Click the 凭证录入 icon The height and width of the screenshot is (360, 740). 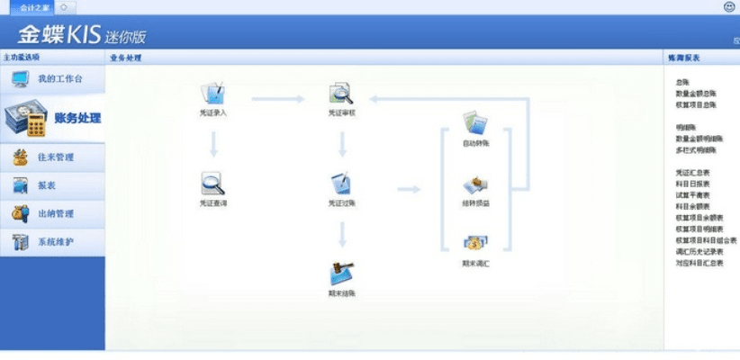click(x=212, y=94)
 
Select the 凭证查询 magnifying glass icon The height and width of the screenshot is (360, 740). click(x=212, y=184)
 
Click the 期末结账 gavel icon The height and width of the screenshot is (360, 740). click(x=341, y=273)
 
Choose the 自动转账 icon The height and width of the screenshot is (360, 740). click(x=475, y=124)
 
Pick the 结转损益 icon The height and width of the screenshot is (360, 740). click(x=475, y=185)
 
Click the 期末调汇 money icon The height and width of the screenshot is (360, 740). click(x=475, y=244)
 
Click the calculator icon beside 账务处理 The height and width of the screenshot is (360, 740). click(x=24, y=119)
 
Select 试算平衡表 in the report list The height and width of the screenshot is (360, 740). click(x=692, y=194)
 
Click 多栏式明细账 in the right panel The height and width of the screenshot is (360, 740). click(x=694, y=149)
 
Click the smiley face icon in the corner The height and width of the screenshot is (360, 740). click(x=728, y=6)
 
